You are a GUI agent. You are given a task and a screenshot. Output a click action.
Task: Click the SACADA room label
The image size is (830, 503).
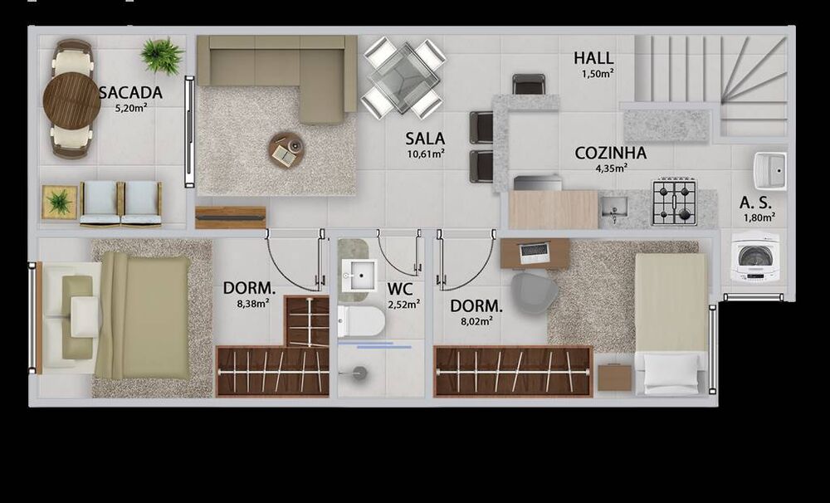click(x=130, y=93)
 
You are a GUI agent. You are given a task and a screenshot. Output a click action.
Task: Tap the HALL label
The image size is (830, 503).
click(x=593, y=58)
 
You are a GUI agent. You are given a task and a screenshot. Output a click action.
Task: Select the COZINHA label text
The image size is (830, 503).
click(x=610, y=153)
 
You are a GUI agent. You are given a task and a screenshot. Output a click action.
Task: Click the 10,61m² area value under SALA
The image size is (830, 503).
click(x=425, y=154)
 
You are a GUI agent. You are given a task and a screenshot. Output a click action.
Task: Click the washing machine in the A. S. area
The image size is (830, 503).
click(x=754, y=260)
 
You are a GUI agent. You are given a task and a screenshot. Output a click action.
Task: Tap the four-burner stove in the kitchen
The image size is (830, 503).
click(x=673, y=202)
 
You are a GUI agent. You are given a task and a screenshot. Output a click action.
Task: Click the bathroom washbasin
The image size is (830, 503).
click(x=359, y=274)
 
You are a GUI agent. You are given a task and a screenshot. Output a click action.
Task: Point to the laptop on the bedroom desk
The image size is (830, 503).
click(x=535, y=251)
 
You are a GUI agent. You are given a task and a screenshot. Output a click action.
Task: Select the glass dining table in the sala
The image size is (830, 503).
click(x=404, y=77)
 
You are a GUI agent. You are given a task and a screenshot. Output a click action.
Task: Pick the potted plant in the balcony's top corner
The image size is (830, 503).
click(x=161, y=56)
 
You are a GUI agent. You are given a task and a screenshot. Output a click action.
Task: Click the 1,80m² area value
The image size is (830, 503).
click(x=759, y=217)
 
